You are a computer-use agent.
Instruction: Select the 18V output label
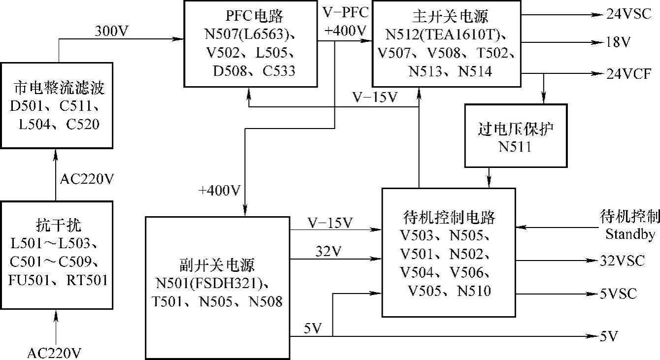(618, 43)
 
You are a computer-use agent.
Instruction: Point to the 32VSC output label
(623, 261)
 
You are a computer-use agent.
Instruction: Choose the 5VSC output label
(619, 294)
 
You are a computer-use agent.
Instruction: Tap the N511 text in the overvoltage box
(515, 146)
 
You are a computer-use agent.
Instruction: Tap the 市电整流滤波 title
(59, 89)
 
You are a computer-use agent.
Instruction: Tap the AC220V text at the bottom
(54, 353)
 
